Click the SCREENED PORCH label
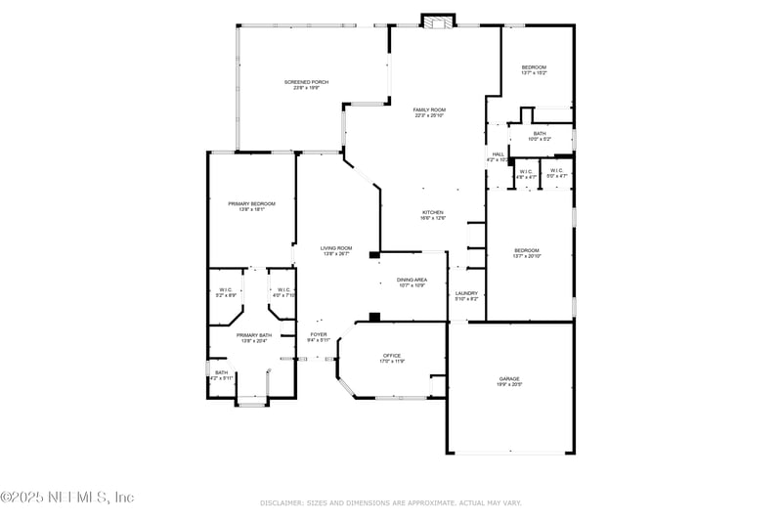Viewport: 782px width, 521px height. click(306, 82)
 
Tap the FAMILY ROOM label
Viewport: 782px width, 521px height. click(429, 109)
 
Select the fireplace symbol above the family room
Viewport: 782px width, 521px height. click(437, 20)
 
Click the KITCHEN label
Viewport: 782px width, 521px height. click(432, 212)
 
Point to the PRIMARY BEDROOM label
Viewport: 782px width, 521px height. click(251, 203)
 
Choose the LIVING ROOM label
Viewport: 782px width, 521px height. click(335, 248)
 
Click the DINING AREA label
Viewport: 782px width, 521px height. click(412, 280)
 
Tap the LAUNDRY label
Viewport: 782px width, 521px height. click(466, 293)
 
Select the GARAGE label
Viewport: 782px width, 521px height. click(510, 378)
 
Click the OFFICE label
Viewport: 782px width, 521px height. click(392, 355)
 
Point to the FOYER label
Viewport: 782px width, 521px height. click(319, 334)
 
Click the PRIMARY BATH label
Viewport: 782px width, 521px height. click(253, 335)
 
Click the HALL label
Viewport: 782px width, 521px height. click(498, 153)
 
